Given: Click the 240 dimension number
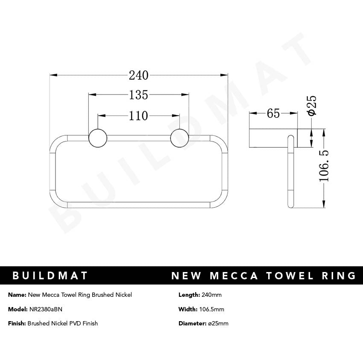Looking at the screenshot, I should (139, 76).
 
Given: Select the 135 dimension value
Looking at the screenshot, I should (139, 95).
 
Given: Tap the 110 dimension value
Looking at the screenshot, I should (139, 115).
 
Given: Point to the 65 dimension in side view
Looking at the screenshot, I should (273, 113).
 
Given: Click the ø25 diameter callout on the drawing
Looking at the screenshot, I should (312, 105).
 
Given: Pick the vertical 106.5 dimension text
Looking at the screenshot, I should (325, 166).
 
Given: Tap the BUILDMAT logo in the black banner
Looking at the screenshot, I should (50, 275).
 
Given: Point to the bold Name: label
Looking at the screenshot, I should (17, 295).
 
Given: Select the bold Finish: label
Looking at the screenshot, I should (17, 323).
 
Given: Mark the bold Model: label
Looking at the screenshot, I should (17, 309).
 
